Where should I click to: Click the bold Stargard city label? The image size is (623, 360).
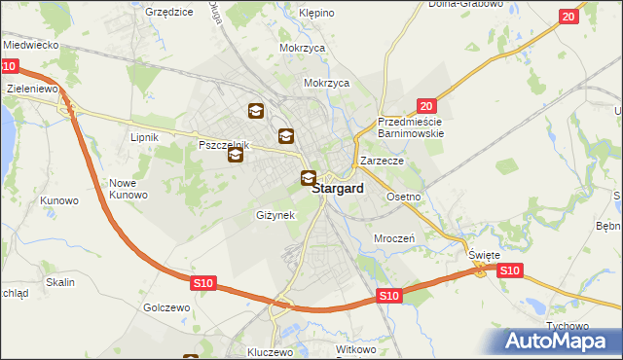338,190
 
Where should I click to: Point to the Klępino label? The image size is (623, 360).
316,14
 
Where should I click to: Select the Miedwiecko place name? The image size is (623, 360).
32,45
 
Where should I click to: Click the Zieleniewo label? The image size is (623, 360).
34,88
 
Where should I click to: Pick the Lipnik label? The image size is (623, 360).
144,137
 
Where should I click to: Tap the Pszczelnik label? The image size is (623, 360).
224,145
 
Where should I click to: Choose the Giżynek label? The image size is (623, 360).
275,214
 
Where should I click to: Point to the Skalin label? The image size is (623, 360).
60,281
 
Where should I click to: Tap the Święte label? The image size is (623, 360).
484,255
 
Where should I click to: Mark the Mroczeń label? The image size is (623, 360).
395,237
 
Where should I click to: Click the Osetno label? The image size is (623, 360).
404,197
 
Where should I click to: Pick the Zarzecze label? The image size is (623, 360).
382,161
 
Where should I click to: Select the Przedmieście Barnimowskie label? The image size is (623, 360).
411,126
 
